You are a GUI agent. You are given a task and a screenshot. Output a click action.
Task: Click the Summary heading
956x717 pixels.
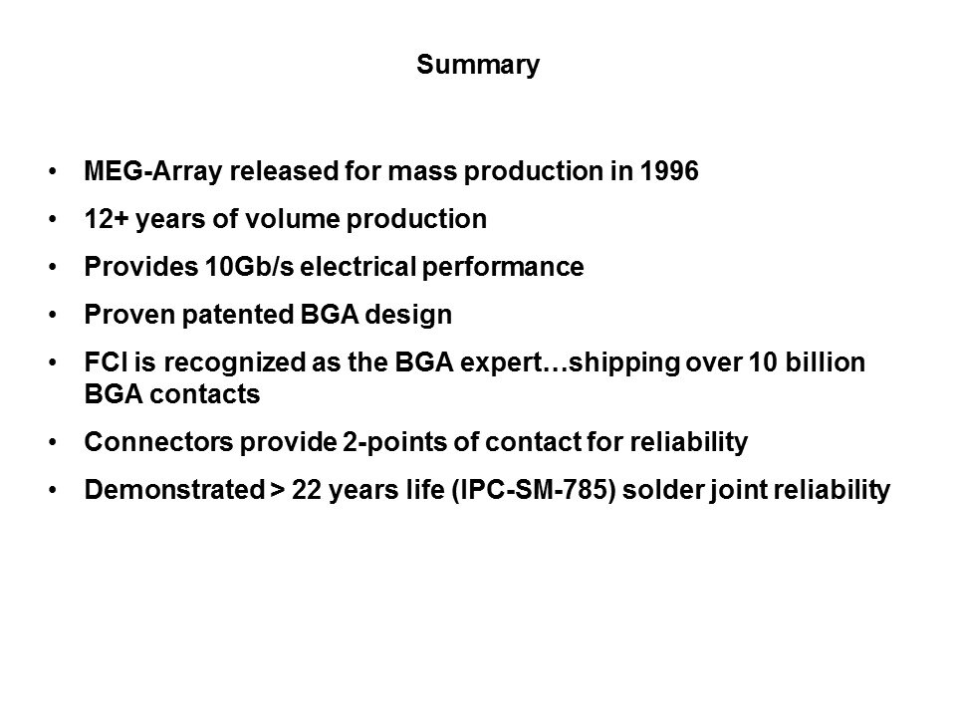point(478,67)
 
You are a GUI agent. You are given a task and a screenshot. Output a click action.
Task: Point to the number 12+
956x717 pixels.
point(104,220)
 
